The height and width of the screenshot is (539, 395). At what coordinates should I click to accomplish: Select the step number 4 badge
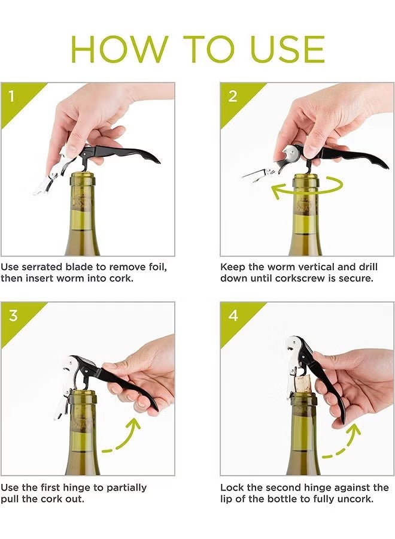tap(233, 316)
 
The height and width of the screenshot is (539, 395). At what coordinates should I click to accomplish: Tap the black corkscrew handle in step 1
tap(129, 153)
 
